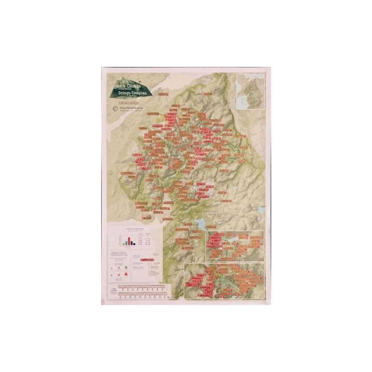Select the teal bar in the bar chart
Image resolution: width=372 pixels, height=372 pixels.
(x=126, y=244)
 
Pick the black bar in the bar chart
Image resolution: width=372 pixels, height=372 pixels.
(x=134, y=244)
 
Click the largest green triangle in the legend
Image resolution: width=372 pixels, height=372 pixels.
(x=126, y=267)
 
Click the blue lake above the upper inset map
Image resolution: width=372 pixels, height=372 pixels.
(x=200, y=224)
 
